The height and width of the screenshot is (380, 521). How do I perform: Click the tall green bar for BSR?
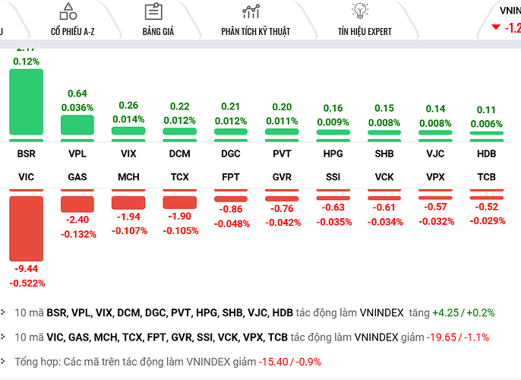(26, 103)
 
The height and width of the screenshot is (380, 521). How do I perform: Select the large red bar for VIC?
(26, 228)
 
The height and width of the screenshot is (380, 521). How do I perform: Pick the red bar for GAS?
(77, 204)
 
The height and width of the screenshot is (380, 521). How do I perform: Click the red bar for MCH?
(128, 203)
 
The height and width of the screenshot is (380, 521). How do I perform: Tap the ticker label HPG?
(333, 154)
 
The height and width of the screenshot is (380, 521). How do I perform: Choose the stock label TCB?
(486, 176)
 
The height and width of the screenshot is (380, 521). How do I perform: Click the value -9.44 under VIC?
(27, 269)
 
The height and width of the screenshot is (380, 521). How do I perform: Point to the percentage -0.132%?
(77, 234)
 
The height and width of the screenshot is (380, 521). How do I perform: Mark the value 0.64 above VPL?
(77, 93)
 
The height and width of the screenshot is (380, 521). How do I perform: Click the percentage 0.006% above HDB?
(486, 122)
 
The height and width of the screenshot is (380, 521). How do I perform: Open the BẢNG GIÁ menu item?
(153, 31)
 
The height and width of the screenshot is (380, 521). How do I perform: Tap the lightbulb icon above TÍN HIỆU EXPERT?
(359, 11)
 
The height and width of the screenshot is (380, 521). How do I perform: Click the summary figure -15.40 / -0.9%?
(289, 362)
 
